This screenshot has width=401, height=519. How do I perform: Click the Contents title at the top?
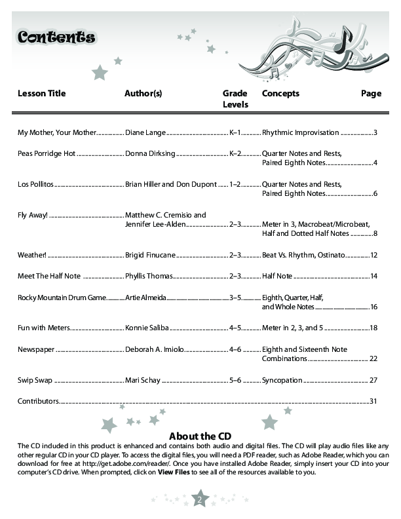click(x=56, y=37)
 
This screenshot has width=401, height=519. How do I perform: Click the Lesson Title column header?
click(x=41, y=94)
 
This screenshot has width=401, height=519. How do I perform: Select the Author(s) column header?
click(x=143, y=94)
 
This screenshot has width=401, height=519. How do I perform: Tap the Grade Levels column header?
click(x=235, y=99)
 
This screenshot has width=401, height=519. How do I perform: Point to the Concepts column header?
click(x=280, y=94)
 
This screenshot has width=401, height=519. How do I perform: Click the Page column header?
click(x=371, y=94)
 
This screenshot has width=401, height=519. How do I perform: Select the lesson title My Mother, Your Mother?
click(x=57, y=132)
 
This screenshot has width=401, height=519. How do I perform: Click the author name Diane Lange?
click(x=145, y=132)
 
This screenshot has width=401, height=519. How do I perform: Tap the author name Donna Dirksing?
click(x=150, y=153)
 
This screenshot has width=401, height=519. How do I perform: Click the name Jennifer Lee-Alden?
click(x=155, y=224)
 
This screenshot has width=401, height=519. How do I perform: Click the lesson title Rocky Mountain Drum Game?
click(x=62, y=298)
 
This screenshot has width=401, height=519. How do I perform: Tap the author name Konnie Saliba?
click(x=147, y=327)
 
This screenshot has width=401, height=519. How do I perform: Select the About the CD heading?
click(x=200, y=436)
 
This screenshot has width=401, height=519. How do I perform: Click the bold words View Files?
click(x=174, y=472)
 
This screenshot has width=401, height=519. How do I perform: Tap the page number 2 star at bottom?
click(x=200, y=501)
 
